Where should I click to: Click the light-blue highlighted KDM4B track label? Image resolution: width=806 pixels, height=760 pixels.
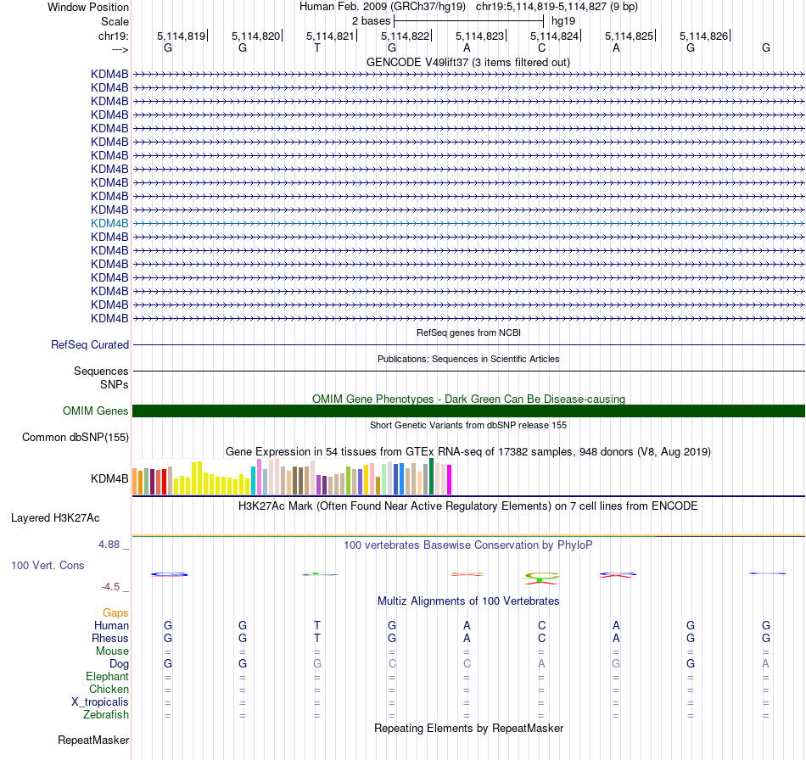tap(109, 223)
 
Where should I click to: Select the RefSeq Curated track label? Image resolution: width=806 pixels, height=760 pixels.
tap(90, 345)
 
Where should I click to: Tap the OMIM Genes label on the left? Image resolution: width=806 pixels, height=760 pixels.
tap(96, 411)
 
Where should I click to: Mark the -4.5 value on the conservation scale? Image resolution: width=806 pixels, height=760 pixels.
tap(114, 586)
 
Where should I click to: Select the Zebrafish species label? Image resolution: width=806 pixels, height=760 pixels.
tap(106, 715)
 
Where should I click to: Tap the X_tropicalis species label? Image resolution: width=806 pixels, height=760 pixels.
tap(100, 702)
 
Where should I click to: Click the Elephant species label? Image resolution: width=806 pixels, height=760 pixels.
tap(107, 677)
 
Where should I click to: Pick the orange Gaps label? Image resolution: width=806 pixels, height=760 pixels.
tap(115, 612)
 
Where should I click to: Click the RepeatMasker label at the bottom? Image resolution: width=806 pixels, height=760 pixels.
tap(93, 740)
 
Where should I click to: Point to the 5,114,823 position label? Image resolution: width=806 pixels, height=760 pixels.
tap(480, 36)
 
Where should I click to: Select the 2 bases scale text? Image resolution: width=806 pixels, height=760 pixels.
tap(371, 20)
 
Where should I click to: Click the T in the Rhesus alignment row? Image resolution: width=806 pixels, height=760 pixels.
tap(317, 638)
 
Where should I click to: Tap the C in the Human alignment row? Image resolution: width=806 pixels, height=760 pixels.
tap(541, 625)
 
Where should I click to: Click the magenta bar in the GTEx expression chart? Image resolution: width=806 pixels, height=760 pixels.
tap(449, 480)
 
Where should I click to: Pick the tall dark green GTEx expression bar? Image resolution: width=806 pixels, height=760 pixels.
tap(432, 476)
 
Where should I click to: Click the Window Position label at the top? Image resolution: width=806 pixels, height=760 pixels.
tap(88, 7)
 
